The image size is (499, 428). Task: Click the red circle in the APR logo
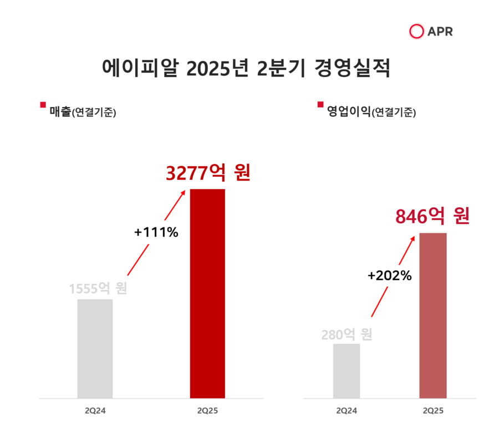[416, 32]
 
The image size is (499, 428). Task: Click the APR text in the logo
[440, 32]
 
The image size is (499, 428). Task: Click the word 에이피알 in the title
[141, 70]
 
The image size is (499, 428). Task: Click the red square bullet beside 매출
[43, 105]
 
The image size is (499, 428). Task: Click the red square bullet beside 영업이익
[320, 105]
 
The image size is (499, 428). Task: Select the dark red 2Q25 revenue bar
[207, 294]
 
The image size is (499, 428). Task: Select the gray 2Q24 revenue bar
[95, 349]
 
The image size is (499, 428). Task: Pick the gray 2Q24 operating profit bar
[347, 371]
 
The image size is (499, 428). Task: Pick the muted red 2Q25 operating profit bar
[433, 315]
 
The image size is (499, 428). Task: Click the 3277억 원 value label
[208, 173]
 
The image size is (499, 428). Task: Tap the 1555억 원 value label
[98, 289]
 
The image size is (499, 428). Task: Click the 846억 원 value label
[432, 216]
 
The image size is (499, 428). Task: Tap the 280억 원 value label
[347, 335]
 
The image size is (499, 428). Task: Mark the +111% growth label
[156, 232]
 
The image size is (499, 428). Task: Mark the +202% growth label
[390, 275]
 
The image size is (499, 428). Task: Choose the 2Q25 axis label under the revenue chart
[207, 411]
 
